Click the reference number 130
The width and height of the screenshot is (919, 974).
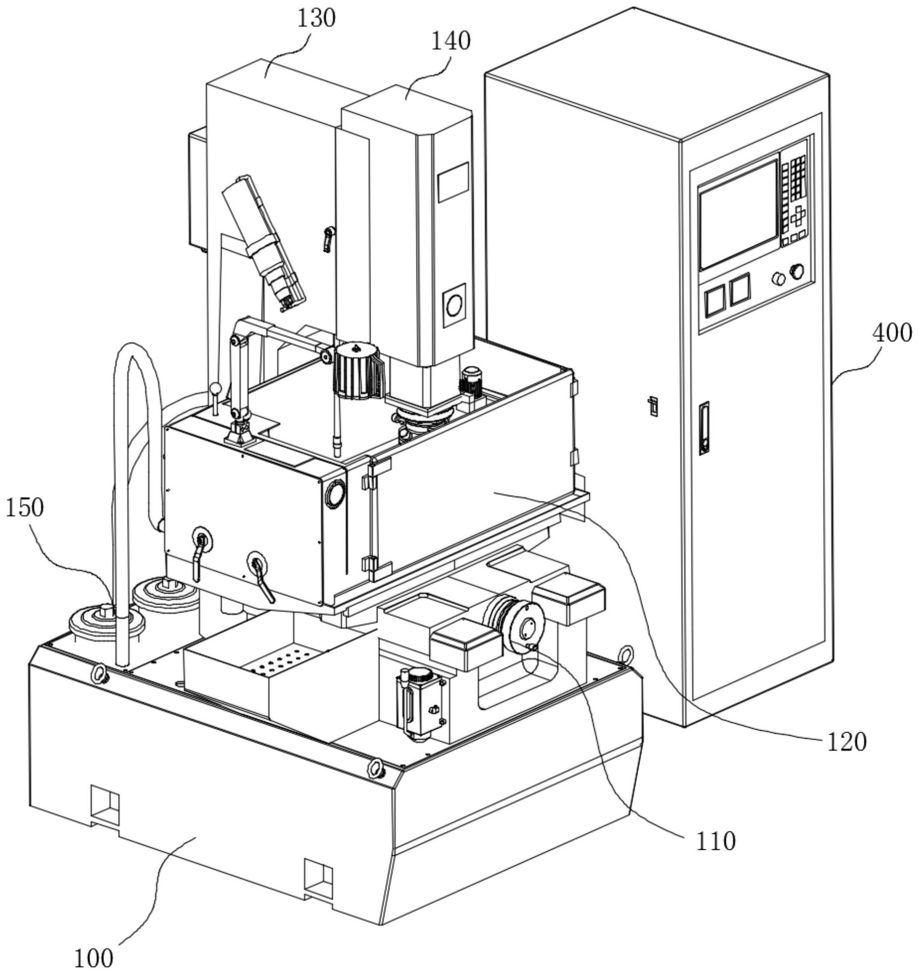[316, 18]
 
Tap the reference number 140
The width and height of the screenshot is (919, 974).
[451, 42]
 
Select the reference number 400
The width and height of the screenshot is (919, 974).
[892, 333]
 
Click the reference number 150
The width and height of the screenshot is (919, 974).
[25, 508]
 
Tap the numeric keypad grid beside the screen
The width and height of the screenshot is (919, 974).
[797, 176]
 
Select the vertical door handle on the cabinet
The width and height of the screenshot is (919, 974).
[704, 428]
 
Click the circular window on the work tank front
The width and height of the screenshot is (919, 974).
[335, 494]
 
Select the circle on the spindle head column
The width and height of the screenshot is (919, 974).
[454, 305]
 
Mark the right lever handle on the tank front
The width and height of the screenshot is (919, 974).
[261, 577]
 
